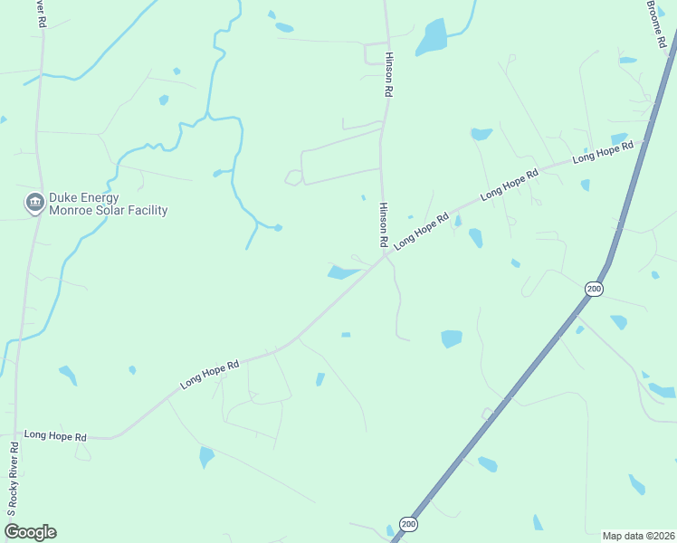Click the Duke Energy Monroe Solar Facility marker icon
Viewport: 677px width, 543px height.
tap(35, 202)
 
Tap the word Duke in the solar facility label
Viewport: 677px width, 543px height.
tap(64, 195)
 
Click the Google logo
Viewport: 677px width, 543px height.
tap(31, 531)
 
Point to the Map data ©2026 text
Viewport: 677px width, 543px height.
tap(638, 535)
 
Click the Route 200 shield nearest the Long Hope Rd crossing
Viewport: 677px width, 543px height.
tap(594, 289)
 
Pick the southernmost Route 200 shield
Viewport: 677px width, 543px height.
tap(408, 524)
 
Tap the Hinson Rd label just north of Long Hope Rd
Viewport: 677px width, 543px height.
tap(384, 225)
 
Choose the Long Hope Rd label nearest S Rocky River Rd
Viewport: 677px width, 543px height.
tap(55, 436)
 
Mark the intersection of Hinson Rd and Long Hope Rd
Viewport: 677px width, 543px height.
tap(386, 255)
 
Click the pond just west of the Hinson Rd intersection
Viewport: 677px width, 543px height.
tap(343, 271)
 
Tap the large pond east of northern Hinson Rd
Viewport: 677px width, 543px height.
tap(434, 36)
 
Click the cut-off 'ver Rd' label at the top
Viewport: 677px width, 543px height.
tap(42, 14)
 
